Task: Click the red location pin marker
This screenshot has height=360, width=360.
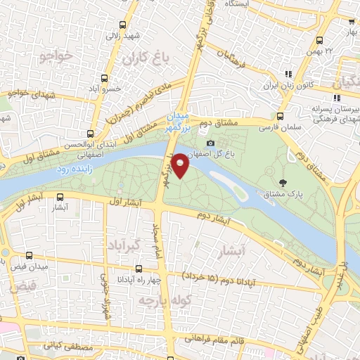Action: (181, 165)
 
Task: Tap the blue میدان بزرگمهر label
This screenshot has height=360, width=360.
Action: (177, 121)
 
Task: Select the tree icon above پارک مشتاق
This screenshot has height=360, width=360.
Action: (283, 184)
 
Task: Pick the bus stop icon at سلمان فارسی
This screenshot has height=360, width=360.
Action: (280, 116)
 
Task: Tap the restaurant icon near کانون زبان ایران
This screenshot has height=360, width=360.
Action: (286, 73)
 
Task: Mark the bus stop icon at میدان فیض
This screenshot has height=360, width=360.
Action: (29, 255)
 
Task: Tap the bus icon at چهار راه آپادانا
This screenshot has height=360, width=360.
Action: (138, 268)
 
